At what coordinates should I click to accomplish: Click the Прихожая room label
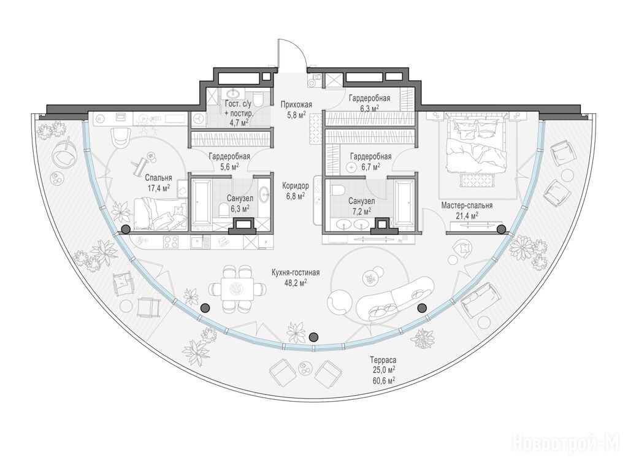point(296,105)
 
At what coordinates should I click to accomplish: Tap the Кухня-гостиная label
point(296,273)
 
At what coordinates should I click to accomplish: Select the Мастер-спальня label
point(467,205)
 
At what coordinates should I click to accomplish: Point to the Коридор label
point(296,186)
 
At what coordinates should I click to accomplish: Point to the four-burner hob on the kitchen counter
point(172,242)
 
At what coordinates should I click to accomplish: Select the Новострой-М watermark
point(566,443)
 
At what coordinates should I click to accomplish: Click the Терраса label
point(383,360)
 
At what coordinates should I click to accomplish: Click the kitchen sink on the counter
point(198,242)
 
